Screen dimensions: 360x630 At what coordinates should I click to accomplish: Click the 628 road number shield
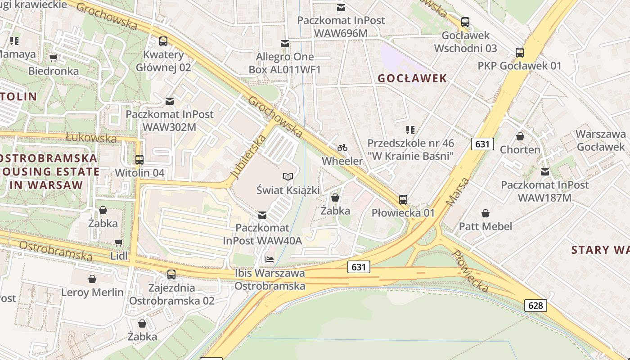pyautogui.click(x=535, y=306)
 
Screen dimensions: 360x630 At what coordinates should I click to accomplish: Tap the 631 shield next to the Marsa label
pyautogui.click(x=482, y=144)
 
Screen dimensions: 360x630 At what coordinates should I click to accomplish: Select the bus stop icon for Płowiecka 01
pyautogui.click(x=403, y=199)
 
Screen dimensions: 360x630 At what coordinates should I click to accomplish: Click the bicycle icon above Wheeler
pyautogui.click(x=342, y=148)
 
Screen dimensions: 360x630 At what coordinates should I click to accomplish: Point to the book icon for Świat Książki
pyautogui.click(x=288, y=176)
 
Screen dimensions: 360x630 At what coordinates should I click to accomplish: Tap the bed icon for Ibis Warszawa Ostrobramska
pyautogui.click(x=270, y=260)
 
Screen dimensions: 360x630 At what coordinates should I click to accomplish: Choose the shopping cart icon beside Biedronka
pyautogui.click(x=54, y=58)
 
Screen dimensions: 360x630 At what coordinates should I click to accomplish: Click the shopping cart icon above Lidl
pyautogui.click(x=118, y=243)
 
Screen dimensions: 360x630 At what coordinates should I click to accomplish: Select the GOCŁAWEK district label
pyautogui.click(x=412, y=78)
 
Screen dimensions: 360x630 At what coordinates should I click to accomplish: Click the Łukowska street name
pyautogui.click(x=91, y=138)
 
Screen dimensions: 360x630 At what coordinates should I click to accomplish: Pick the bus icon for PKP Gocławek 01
pyautogui.click(x=520, y=52)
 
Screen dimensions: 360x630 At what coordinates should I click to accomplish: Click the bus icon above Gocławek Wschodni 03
pyautogui.click(x=465, y=22)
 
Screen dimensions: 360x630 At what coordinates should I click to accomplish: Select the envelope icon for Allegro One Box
pyautogui.click(x=284, y=44)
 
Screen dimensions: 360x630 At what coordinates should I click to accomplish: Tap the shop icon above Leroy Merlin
pyautogui.click(x=92, y=279)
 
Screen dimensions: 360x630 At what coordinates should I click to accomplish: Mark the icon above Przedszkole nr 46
pyautogui.click(x=410, y=130)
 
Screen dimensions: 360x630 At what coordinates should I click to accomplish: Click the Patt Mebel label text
pyautogui.click(x=486, y=226)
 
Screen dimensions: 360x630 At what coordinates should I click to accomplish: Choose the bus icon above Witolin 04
pyautogui.click(x=139, y=159)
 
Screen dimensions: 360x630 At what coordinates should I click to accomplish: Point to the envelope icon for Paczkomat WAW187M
pyautogui.click(x=545, y=171)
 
